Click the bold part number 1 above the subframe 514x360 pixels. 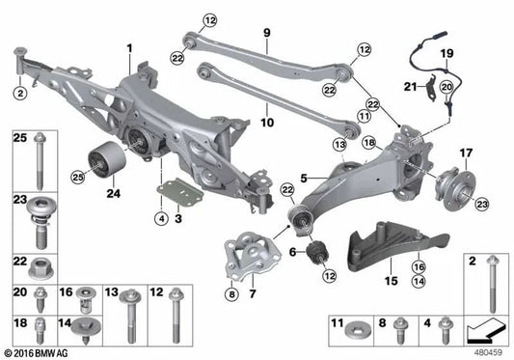point(130,48)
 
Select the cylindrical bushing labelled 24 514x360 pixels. point(107,159)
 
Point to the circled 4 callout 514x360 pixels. point(162,218)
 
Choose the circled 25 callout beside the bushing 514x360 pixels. point(78,178)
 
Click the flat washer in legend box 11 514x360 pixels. point(359,332)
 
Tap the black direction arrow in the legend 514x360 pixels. point(485,330)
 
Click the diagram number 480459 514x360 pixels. point(488,352)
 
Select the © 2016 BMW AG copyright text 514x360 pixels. point(35,353)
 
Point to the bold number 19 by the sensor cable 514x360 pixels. point(446,53)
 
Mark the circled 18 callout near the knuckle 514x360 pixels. point(369,143)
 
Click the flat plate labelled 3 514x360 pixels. point(180,193)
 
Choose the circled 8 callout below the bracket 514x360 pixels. point(231,294)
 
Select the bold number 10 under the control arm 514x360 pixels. point(267,123)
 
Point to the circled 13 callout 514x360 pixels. point(339,144)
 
